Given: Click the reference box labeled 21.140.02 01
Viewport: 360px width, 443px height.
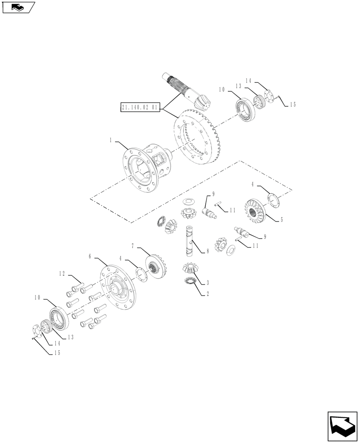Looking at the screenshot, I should click(x=139, y=107).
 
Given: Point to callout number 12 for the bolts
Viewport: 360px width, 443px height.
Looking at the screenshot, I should click(x=63, y=274).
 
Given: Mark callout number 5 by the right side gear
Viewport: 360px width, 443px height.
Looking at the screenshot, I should click(x=281, y=219).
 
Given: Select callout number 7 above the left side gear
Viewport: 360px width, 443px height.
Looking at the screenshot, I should click(x=133, y=245).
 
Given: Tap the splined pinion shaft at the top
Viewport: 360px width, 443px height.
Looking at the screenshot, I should click(x=186, y=91).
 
